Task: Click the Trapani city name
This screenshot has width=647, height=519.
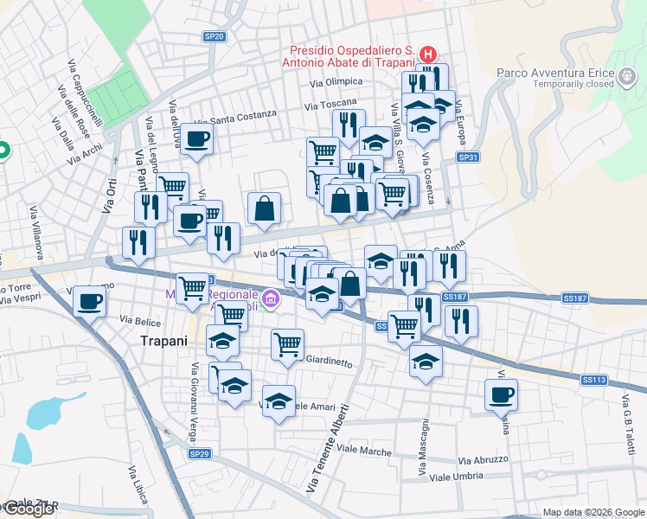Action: coord(163,341)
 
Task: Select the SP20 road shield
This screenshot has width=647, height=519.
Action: coord(214,36)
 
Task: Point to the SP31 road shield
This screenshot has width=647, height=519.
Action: coord(468,157)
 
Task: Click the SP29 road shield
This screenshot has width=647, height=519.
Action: coord(199,453)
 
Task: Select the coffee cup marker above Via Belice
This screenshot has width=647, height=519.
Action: coord(89,301)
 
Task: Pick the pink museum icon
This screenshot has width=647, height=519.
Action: coord(272,300)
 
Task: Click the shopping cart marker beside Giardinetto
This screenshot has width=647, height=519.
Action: coord(287,343)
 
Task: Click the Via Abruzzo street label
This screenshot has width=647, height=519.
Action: coord(484,460)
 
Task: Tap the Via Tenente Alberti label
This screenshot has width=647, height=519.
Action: coord(328,449)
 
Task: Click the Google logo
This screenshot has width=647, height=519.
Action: coord(29,509)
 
